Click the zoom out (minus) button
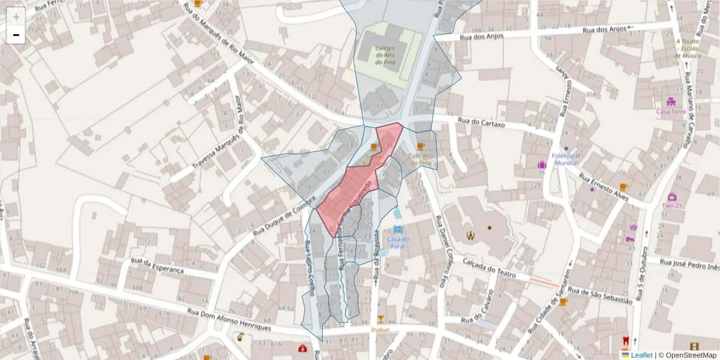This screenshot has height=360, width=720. pos(16,35)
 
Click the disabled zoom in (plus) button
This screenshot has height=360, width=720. pos(16,17)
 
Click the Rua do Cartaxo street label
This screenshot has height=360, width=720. pos(481,123)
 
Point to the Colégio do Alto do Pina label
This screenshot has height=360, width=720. pos(385,55)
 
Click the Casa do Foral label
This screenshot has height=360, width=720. pos(397,242)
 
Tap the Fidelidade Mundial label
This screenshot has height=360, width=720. pos(566,159)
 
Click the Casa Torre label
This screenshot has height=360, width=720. pos(670,112)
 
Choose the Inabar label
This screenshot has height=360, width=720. pos(380,329)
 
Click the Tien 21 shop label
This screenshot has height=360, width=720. pos(672,205)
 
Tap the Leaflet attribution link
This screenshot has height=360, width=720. pos(641,355)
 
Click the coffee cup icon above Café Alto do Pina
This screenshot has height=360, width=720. pos(420,146)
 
